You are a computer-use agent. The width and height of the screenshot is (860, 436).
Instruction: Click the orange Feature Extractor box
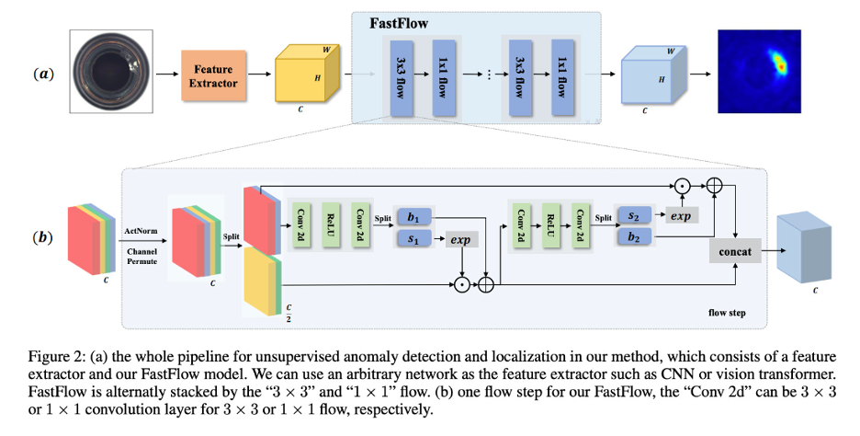click(x=214, y=75)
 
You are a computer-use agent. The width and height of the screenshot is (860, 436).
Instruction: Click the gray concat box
click(x=734, y=251)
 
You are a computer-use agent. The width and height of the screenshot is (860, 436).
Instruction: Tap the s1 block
click(x=413, y=239)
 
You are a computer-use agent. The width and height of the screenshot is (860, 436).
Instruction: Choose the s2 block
click(x=633, y=215)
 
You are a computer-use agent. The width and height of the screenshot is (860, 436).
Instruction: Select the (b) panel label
click(x=43, y=236)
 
